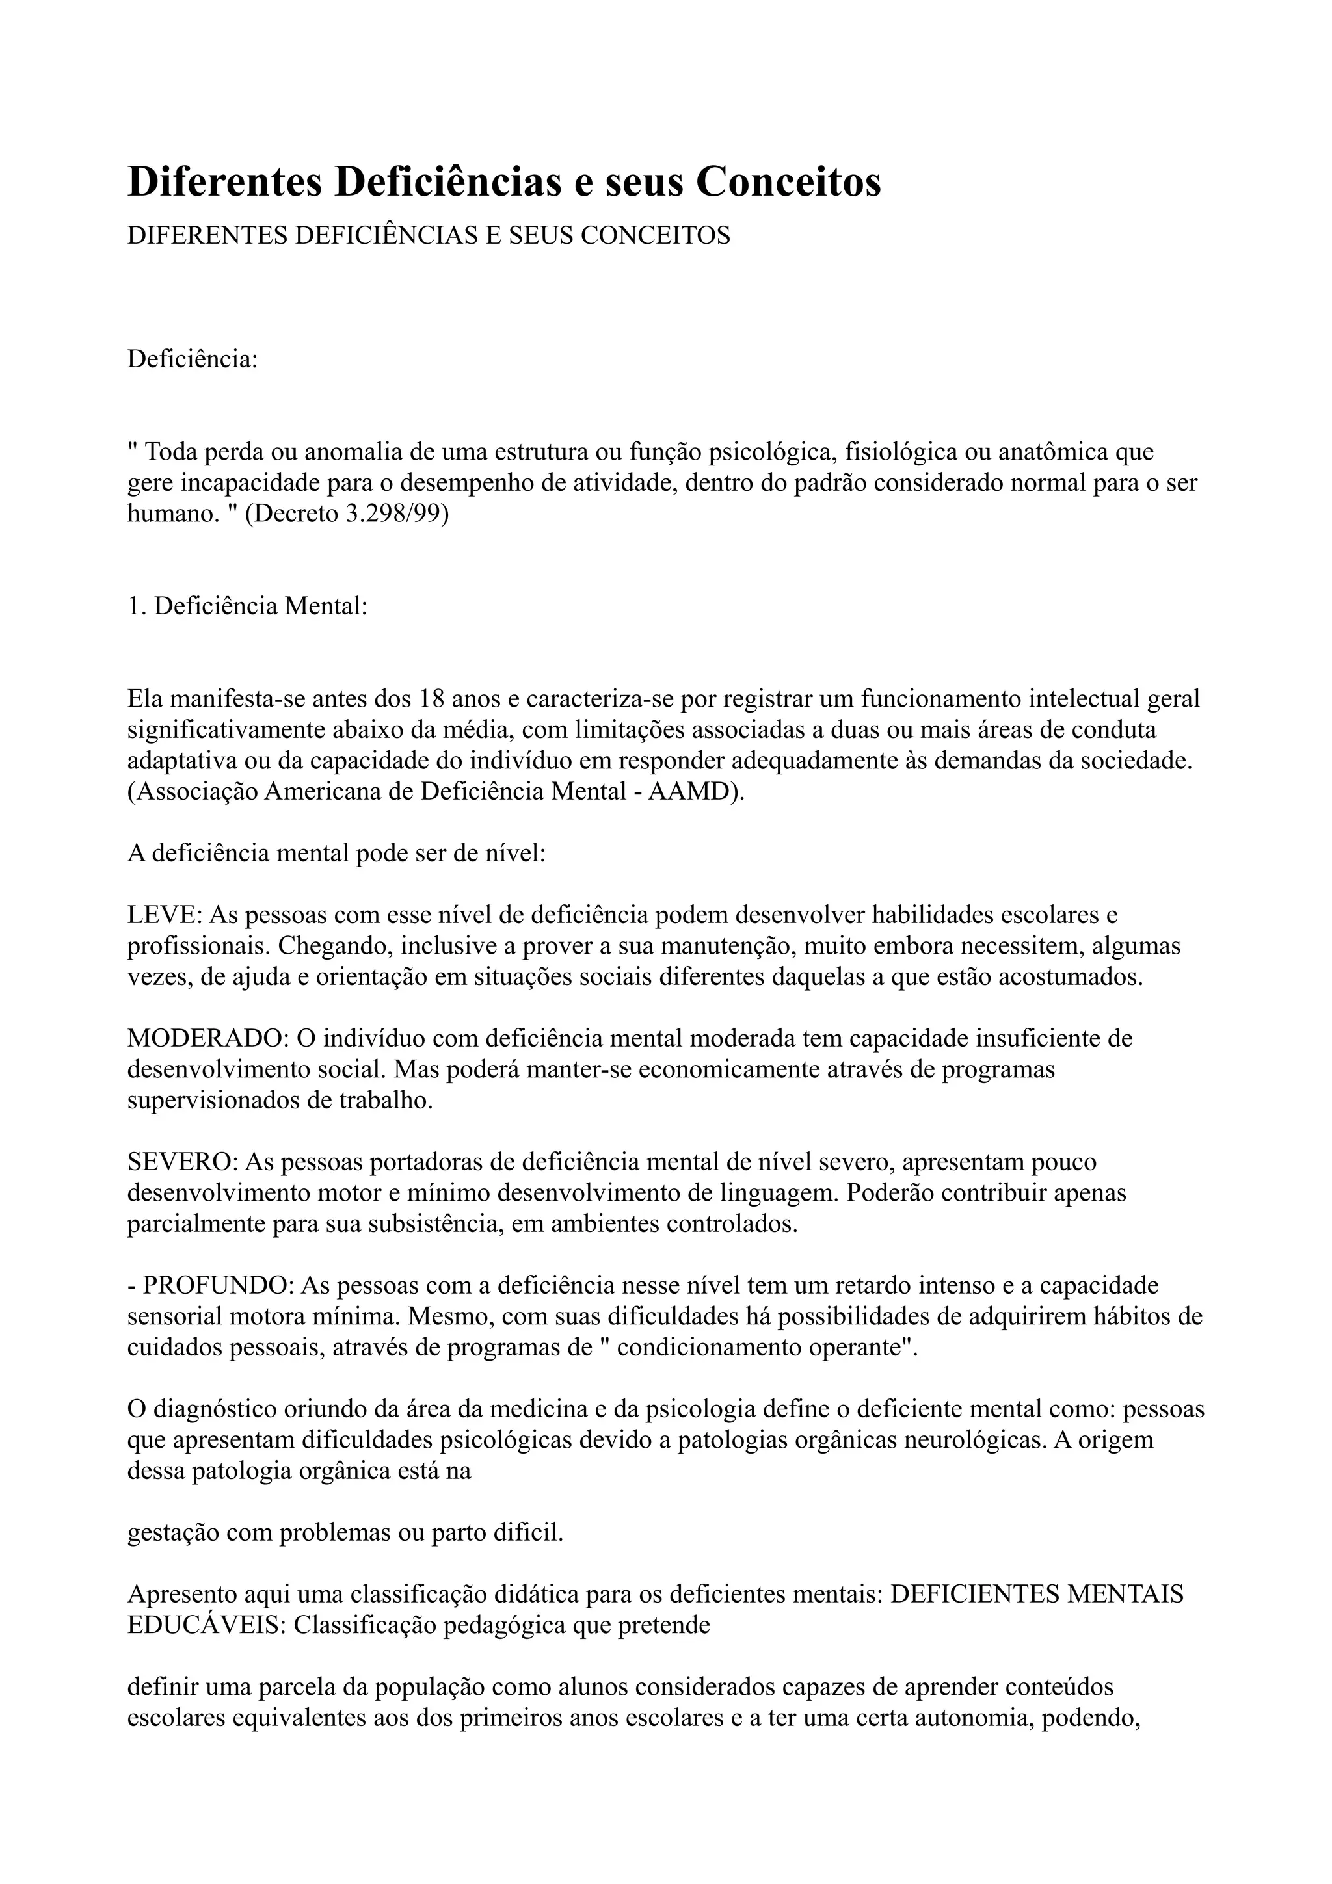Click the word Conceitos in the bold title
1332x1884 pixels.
789,181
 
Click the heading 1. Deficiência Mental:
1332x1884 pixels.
247,607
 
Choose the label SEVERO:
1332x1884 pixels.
182,1163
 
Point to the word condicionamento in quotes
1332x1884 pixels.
753,1348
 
